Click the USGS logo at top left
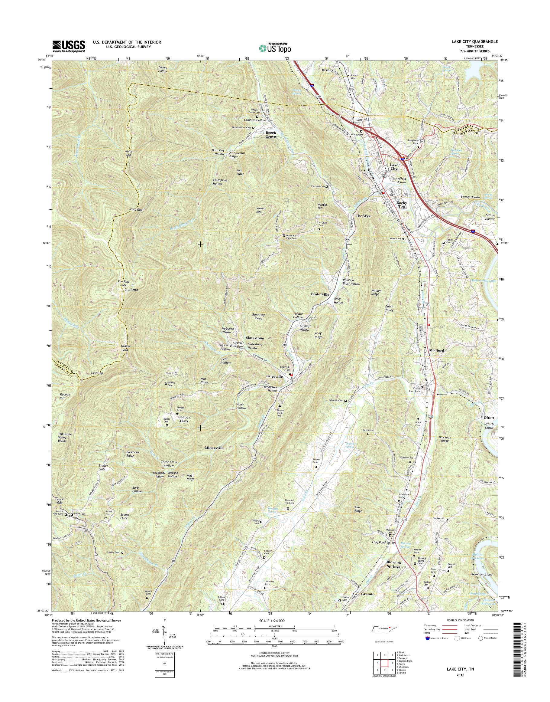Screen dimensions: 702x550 (69, 46)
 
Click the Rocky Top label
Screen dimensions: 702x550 (401, 205)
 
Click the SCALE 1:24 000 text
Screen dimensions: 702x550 (275, 620)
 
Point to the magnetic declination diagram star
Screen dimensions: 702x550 (165, 619)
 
